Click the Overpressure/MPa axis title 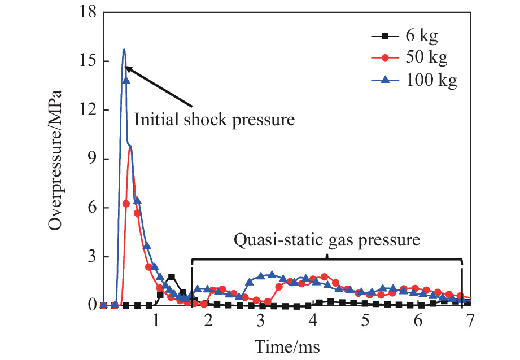point(54,159)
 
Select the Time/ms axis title point(286,345)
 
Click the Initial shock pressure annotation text point(215,120)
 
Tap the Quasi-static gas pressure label point(327,240)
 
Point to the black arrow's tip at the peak point(125,67)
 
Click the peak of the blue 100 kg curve point(124,49)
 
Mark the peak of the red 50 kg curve point(130,146)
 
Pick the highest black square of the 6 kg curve point(171,277)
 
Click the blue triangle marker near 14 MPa point(126,80)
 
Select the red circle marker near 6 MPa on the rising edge point(126,204)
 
